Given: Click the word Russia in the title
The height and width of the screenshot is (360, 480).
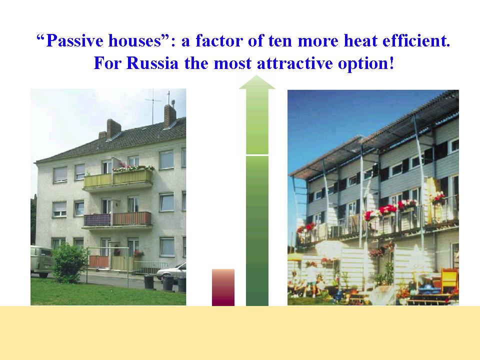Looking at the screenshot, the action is [x=152, y=63].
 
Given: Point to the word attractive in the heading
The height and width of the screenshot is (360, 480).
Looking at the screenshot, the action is [x=294, y=63].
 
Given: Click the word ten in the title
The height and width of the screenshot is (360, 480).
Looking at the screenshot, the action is [x=280, y=41].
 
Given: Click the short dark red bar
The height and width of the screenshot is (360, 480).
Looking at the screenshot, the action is [x=223, y=287].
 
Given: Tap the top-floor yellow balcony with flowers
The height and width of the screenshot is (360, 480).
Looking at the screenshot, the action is [x=118, y=178].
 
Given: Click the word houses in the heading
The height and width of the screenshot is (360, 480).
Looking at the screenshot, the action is [x=134, y=40].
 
